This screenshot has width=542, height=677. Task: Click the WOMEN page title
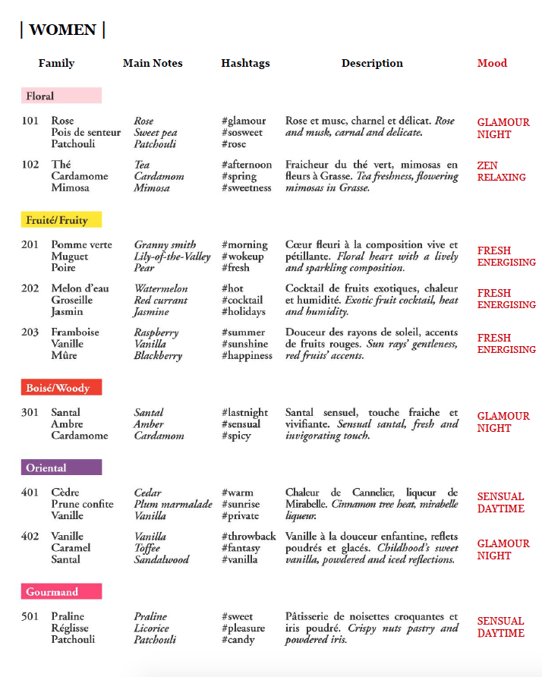coord(62,30)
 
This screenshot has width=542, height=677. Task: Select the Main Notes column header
coord(153,63)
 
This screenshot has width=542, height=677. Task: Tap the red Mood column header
coord(492,63)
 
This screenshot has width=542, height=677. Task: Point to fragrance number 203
coord(30,332)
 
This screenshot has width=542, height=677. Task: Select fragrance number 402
coord(30,536)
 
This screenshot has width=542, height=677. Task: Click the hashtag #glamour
coord(244,121)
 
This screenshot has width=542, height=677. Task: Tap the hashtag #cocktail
coord(243,300)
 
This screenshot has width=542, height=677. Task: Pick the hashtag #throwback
coord(248,536)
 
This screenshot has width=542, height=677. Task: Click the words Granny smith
coord(165,245)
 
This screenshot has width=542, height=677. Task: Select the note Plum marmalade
coord(173,504)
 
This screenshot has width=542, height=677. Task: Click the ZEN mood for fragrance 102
coord(487,165)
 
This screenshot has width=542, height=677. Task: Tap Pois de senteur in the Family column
coord(86,132)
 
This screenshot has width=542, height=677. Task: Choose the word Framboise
coord(75,332)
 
